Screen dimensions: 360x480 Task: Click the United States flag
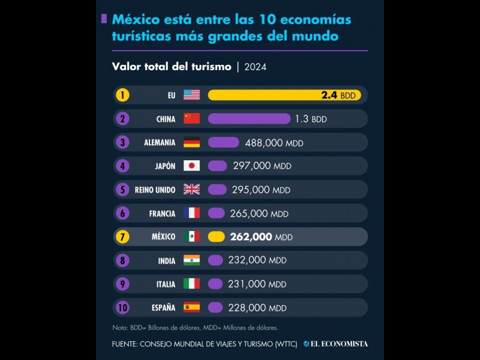click(191, 95)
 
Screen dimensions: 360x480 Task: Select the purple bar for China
click(248, 119)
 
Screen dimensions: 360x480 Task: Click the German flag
click(191, 143)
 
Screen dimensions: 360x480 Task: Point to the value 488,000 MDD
click(274, 143)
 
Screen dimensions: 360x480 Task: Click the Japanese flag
click(191, 166)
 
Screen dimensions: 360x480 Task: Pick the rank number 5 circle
click(122, 190)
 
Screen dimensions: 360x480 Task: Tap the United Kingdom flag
click(191, 190)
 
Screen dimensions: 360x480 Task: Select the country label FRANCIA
click(162, 214)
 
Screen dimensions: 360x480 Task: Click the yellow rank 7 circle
click(122, 237)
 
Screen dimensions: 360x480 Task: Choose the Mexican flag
click(191, 237)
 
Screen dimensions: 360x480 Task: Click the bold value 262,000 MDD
click(261, 237)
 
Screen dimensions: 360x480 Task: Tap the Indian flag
click(191, 260)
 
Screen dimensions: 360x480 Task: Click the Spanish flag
click(191, 308)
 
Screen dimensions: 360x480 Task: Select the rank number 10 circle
click(122, 308)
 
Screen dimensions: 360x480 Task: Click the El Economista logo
click(335, 344)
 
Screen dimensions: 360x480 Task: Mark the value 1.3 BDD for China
click(311, 119)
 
